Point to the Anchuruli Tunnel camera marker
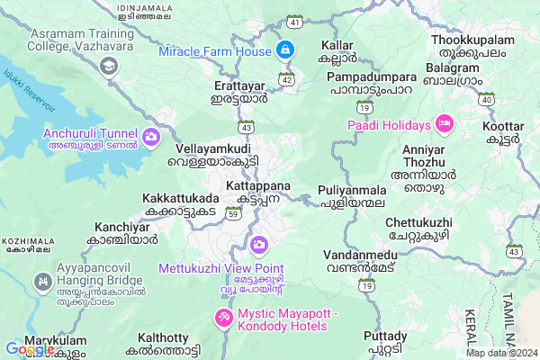(x=150, y=138)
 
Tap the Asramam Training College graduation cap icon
(x=109, y=65)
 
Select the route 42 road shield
(x=286, y=79)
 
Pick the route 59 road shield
(x=234, y=213)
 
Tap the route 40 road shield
(x=486, y=99)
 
